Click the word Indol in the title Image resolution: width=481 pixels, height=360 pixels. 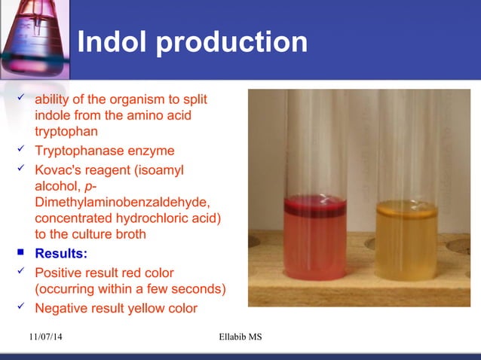tap(113, 42)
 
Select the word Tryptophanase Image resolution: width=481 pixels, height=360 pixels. tap(82, 151)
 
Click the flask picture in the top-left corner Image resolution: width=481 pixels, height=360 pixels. tap(34, 38)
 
